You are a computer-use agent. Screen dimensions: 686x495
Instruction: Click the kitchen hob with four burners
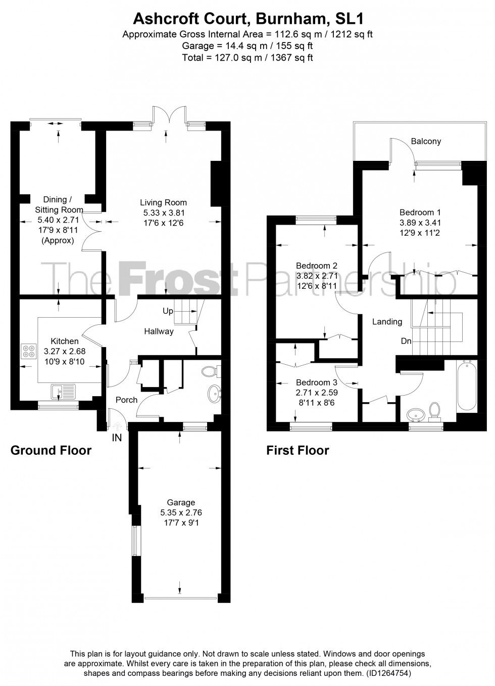coord(28,351)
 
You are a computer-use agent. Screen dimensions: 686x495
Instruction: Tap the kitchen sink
coord(63,391)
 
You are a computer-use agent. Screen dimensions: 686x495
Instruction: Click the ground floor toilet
coord(210,372)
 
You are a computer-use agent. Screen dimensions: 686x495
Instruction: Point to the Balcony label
coord(426,141)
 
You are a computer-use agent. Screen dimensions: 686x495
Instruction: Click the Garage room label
coord(181,502)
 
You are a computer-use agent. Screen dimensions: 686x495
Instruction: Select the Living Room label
coord(163,202)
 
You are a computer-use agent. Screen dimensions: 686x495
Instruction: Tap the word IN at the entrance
coord(117,438)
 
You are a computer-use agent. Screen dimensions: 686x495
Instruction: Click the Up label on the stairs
coord(168,310)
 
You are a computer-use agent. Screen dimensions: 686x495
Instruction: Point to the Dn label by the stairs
coord(406,341)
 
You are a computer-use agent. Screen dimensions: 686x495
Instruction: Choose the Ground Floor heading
coord(51,450)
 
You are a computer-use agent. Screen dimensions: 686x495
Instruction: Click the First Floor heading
coord(298,450)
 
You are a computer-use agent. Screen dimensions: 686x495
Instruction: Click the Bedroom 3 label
coord(317,382)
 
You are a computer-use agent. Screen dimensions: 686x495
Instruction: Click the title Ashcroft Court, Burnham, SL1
coord(247,19)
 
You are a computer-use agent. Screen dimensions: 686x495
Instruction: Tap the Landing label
coord(387,322)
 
